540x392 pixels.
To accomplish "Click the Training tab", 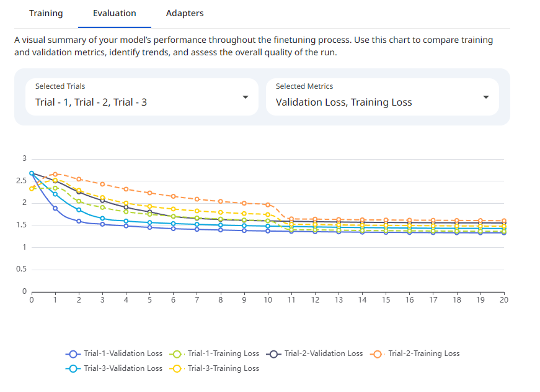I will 46,13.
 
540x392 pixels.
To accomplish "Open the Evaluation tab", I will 115,13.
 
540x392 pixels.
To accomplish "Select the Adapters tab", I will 185,13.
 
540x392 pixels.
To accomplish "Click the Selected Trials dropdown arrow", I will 246,97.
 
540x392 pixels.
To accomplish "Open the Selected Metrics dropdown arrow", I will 486,97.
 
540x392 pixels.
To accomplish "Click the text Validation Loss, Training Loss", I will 344,102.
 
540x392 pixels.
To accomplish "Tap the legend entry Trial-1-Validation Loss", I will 115,353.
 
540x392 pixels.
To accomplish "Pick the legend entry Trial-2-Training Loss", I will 416,353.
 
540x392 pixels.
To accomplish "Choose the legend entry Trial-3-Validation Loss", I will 115,368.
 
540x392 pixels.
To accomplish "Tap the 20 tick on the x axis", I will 503,300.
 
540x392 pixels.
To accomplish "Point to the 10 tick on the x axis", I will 268,300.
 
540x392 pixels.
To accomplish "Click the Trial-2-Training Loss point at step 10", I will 268,204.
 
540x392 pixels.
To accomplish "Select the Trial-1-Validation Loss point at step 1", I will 55,208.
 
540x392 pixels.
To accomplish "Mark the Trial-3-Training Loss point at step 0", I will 32,189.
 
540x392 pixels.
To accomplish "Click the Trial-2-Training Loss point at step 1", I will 55,175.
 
